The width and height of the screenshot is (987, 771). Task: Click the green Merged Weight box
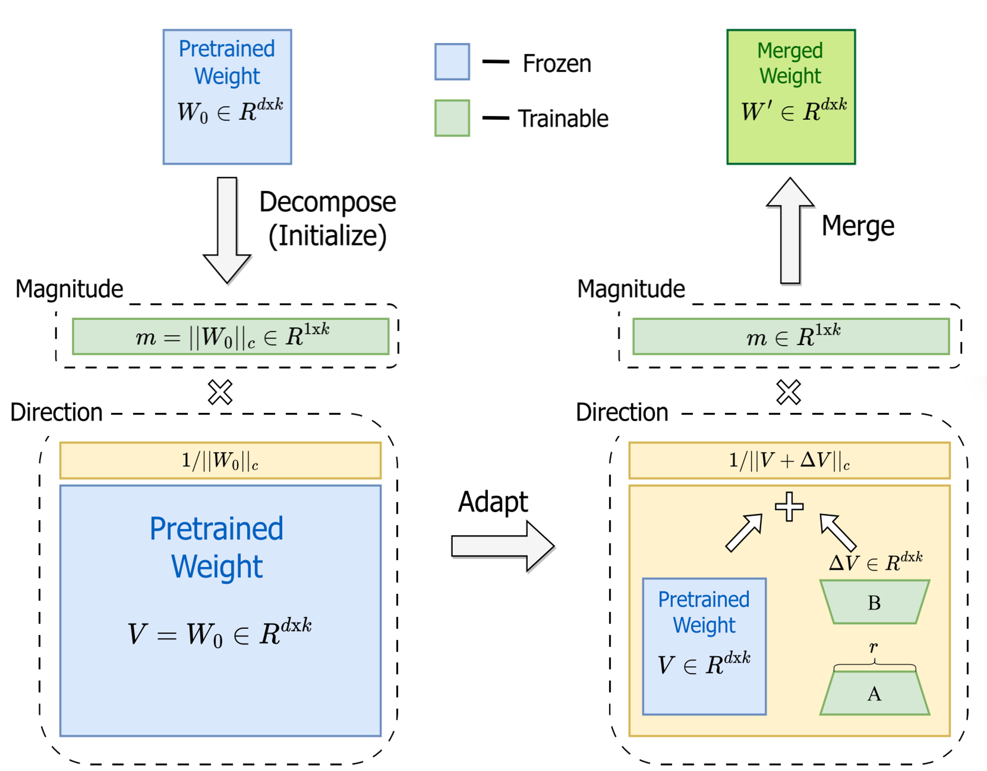pos(791,136)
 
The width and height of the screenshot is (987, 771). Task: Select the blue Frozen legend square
pos(452,62)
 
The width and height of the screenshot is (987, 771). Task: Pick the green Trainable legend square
pos(452,118)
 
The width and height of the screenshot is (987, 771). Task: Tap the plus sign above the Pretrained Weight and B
pos(789,507)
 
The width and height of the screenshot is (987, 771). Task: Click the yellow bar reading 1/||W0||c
pos(221,460)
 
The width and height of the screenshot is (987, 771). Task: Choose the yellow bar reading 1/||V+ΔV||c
pos(789,460)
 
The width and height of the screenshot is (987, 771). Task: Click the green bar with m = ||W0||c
pos(230,336)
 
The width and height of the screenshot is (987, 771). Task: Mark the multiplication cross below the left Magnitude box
pos(220,392)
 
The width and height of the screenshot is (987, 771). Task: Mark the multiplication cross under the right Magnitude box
pos(789,392)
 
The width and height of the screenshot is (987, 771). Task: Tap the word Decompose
pos(327,202)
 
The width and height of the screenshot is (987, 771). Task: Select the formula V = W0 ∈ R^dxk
pos(220,633)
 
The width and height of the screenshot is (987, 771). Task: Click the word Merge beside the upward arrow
pos(858,226)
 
